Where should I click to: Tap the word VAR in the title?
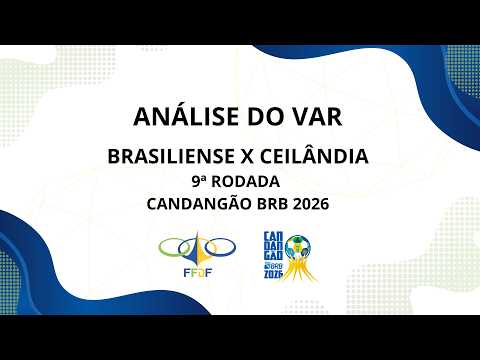point(316,117)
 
